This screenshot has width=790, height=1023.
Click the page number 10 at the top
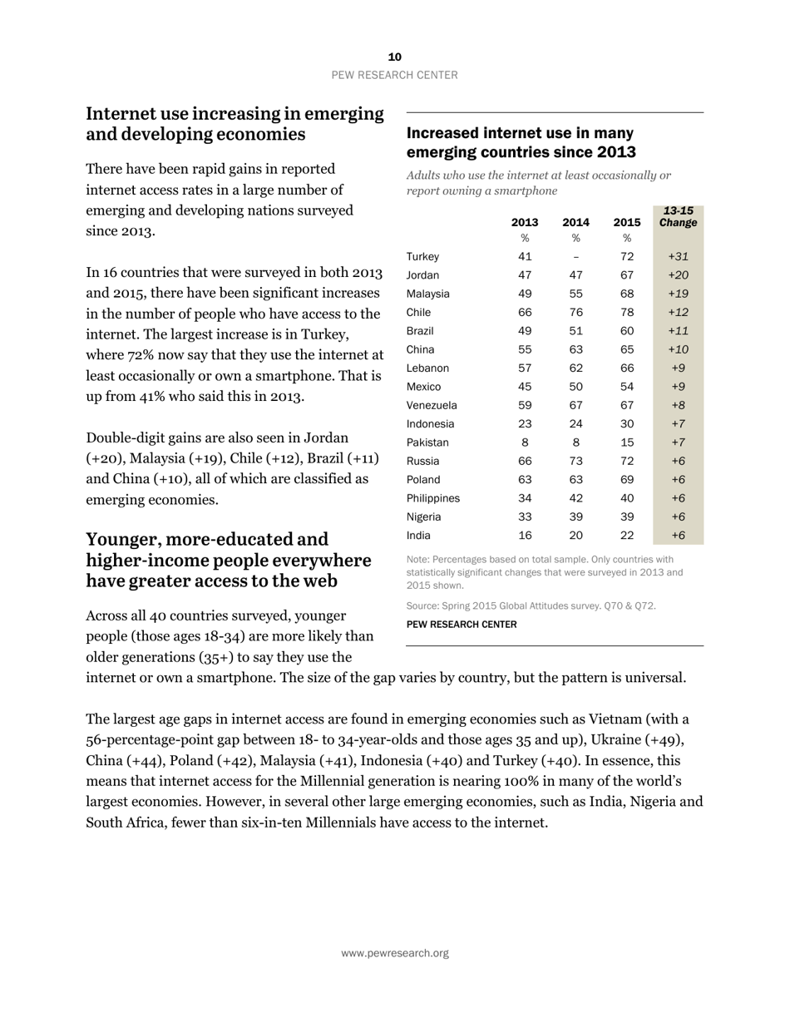point(394,57)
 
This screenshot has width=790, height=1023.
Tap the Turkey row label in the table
point(422,256)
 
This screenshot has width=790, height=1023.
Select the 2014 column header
point(575,222)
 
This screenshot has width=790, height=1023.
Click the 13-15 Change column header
point(678,217)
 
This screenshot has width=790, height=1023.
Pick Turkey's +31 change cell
point(678,256)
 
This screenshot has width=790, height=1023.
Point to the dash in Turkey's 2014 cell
point(575,256)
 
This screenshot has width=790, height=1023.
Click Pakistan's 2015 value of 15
point(627,442)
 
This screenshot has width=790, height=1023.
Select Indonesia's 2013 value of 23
point(525,423)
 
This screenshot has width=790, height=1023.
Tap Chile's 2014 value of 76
point(575,312)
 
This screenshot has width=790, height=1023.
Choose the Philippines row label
point(432,498)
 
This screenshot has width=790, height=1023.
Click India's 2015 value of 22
point(627,536)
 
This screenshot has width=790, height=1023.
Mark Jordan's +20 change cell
point(678,275)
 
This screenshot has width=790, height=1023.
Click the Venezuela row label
point(432,405)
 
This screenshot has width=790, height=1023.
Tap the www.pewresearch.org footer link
point(394,953)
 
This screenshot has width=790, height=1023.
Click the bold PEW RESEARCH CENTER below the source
point(461,624)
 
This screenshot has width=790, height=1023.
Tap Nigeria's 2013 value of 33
point(525,516)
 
